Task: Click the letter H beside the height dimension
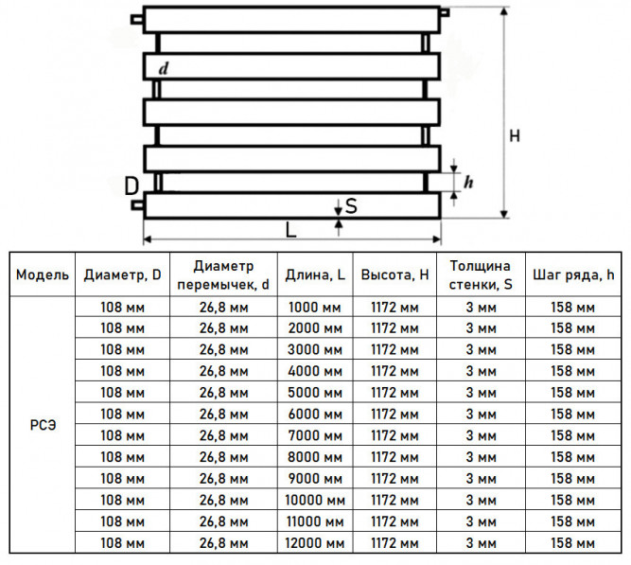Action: click(515, 136)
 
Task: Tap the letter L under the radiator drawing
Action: click(290, 230)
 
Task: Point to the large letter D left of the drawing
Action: click(131, 186)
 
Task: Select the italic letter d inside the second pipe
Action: click(163, 68)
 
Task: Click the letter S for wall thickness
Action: click(351, 206)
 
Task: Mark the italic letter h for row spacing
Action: click(468, 182)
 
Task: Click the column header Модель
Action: click(43, 274)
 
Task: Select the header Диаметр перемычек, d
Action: click(223, 275)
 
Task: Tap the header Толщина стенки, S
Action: click(481, 275)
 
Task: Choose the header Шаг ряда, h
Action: click(573, 274)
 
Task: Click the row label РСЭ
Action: click(43, 425)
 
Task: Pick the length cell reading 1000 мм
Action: click(315, 308)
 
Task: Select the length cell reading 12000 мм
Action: click(315, 543)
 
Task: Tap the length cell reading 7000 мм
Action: click(315, 435)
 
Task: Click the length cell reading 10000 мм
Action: click(315, 500)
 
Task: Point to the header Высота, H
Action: click(394, 274)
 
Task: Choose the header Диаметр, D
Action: click(122, 274)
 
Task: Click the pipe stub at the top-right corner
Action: click(445, 12)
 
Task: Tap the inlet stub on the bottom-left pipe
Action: click(137, 205)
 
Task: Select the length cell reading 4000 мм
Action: click(315, 371)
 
